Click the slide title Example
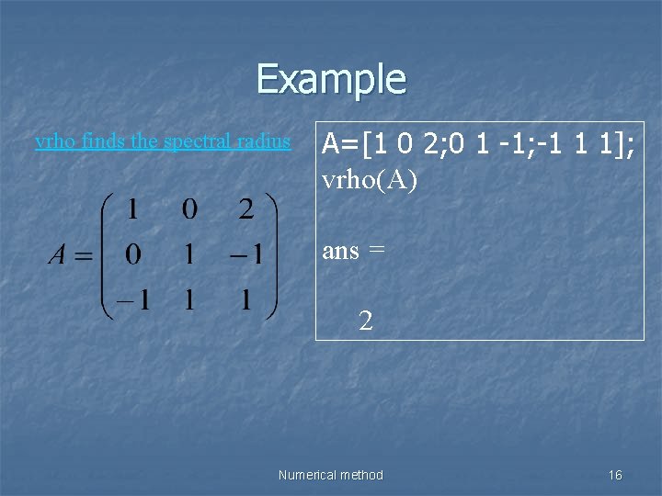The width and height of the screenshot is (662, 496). click(x=331, y=79)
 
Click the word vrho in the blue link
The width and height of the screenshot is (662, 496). click(x=51, y=141)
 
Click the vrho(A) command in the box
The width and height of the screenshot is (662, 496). click(x=370, y=181)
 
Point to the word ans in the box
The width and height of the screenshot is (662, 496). click(x=340, y=250)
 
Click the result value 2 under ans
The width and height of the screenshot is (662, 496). click(x=366, y=321)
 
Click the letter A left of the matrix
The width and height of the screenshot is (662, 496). click(x=57, y=254)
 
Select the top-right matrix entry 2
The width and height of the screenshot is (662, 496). click(x=245, y=209)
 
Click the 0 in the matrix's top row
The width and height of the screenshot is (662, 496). click(x=188, y=209)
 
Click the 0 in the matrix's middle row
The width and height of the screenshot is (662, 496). click(x=132, y=254)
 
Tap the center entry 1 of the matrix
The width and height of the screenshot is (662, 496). click(x=188, y=254)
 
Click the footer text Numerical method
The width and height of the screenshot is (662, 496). click(x=330, y=475)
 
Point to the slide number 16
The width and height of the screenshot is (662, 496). click(x=615, y=475)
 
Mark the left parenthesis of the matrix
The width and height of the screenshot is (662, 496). click(x=107, y=254)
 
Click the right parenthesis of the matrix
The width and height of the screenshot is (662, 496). click(x=270, y=254)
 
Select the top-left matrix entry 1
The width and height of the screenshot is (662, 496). click(x=132, y=209)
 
